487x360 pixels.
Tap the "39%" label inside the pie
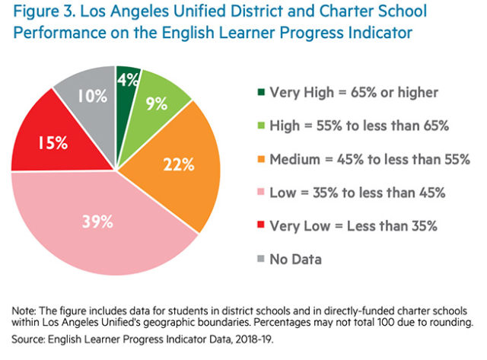(98, 221)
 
